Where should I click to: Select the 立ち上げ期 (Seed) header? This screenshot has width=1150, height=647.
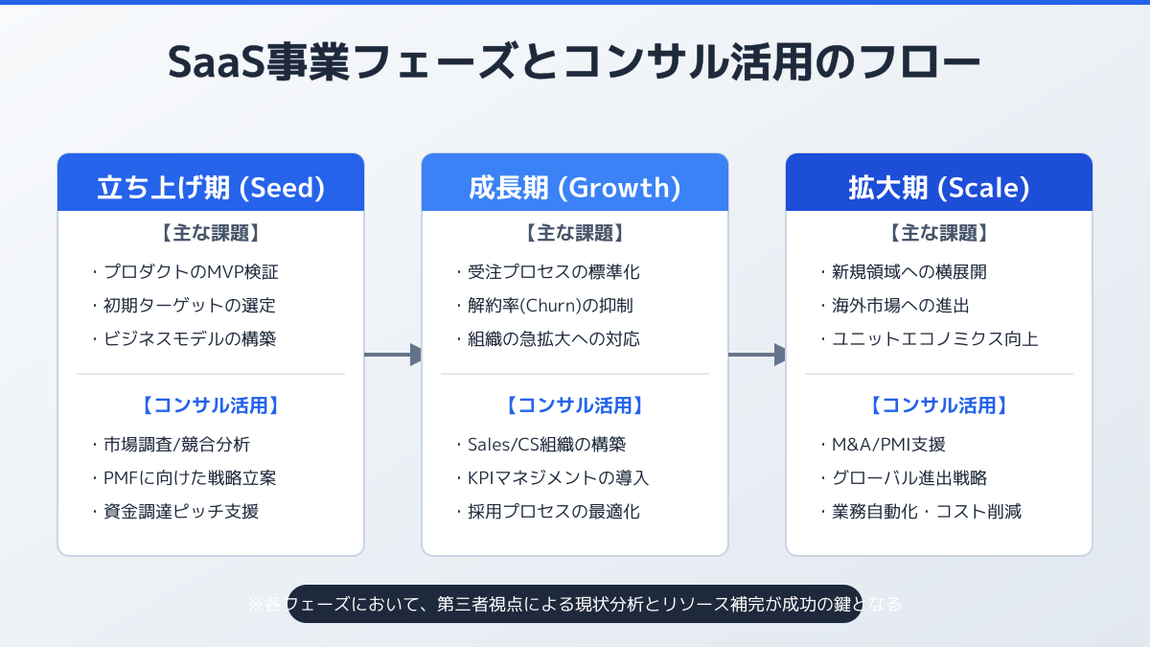tap(211, 187)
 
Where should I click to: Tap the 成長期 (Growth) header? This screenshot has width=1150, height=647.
tap(575, 187)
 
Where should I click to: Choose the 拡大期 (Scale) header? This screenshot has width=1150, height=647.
tap(939, 187)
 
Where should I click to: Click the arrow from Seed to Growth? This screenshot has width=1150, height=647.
tap(393, 355)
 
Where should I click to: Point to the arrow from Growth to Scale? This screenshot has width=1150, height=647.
tap(757, 355)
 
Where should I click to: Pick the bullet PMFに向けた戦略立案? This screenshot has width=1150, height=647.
tap(190, 477)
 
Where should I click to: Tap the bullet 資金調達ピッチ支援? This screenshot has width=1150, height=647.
tap(181, 511)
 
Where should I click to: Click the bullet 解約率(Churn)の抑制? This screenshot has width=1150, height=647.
tap(550, 306)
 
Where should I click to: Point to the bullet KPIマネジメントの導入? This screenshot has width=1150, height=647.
tap(559, 477)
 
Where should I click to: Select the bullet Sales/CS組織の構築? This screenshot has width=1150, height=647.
tap(546, 444)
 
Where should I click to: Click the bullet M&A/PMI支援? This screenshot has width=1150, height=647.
tap(888, 444)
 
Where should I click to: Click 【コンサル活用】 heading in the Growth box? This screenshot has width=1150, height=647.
tap(575, 405)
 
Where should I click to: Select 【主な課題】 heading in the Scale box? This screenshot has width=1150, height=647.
tap(939, 233)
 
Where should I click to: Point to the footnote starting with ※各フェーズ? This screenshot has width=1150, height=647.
tap(575, 604)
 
